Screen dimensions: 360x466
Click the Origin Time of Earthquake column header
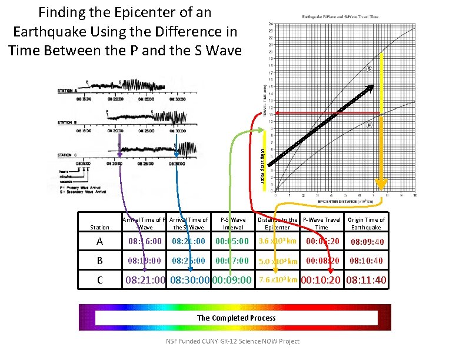pyautogui.click(x=366, y=224)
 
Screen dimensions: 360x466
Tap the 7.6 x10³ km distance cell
pyautogui.click(x=277, y=279)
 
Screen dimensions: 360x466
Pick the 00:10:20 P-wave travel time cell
pyautogui.click(x=321, y=280)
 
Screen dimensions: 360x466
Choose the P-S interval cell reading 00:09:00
pyautogui.click(x=232, y=280)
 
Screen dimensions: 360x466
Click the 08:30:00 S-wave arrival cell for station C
pyautogui.click(x=189, y=280)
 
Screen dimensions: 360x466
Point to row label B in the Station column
pyautogui.click(x=99, y=260)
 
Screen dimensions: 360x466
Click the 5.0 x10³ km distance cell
pyautogui.click(x=277, y=261)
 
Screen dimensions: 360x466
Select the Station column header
pyautogui.click(x=99, y=227)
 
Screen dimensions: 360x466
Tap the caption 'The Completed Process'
pyautogui.click(x=236, y=318)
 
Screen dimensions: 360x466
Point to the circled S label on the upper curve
pyautogui.click(x=369, y=69)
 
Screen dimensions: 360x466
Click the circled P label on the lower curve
pyautogui.click(x=369, y=125)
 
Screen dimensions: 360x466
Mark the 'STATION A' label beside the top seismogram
pyautogui.click(x=68, y=91)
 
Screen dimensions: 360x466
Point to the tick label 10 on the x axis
pyautogui.click(x=415, y=195)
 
